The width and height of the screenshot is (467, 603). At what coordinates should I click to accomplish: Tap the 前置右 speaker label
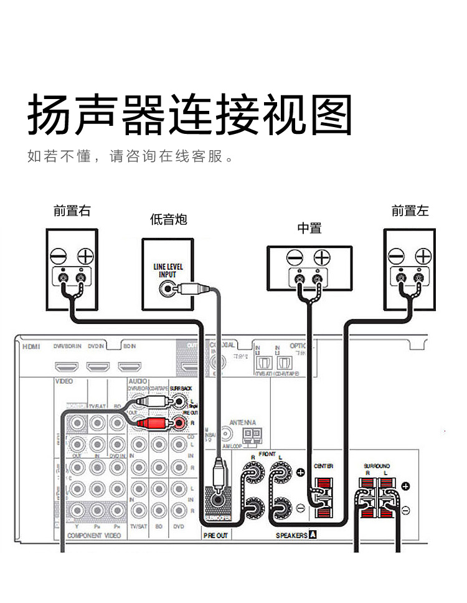click(x=72, y=211)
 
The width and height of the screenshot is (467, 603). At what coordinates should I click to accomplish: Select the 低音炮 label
click(x=168, y=219)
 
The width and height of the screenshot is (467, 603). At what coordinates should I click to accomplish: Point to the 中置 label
click(x=309, y=228)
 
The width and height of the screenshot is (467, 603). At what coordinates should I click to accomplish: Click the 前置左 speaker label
click(x=410, y=211)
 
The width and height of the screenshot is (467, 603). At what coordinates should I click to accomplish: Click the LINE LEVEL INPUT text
click(x=168, y=270)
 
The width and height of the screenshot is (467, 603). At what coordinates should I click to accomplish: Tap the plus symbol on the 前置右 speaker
click(x=85, y=255)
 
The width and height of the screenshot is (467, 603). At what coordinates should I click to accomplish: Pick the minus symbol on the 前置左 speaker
click(x=396, y=255)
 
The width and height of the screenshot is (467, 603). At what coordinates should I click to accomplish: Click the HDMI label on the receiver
click(x=31, y=346)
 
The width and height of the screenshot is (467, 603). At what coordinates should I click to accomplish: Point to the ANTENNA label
click(x=243, y=422)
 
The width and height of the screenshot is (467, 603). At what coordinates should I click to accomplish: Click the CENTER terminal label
click(x=323, y=465)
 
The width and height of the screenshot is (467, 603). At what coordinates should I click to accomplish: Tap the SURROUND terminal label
click(x=377, y=465)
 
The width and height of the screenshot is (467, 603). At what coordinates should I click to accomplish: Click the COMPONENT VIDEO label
click(x=94, y=535)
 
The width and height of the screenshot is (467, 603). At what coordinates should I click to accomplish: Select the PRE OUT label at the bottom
click(x=215, y=535)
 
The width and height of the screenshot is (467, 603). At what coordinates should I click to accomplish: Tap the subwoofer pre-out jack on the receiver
click(x=219, y=499)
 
